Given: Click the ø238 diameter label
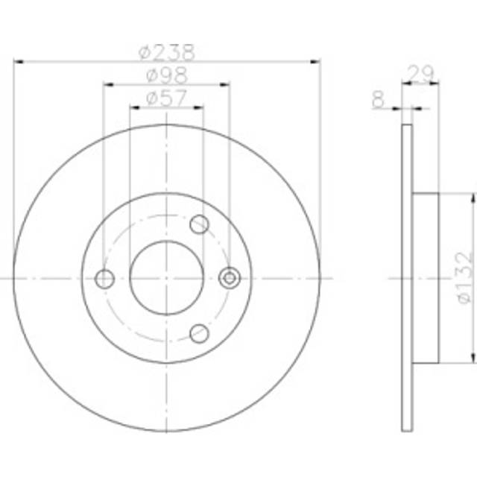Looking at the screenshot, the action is coord(166,52).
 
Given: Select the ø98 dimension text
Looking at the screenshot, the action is coord(167,75).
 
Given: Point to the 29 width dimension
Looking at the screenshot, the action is coord(420,73).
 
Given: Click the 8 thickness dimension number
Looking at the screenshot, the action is coord(378,99).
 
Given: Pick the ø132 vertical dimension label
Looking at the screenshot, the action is coord(464,277).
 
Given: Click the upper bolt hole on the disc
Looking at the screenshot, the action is coord(199,224).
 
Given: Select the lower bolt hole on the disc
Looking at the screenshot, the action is coord(199,333).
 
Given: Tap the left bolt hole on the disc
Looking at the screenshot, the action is coord(104,279).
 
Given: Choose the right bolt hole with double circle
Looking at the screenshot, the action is coord(230,278).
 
